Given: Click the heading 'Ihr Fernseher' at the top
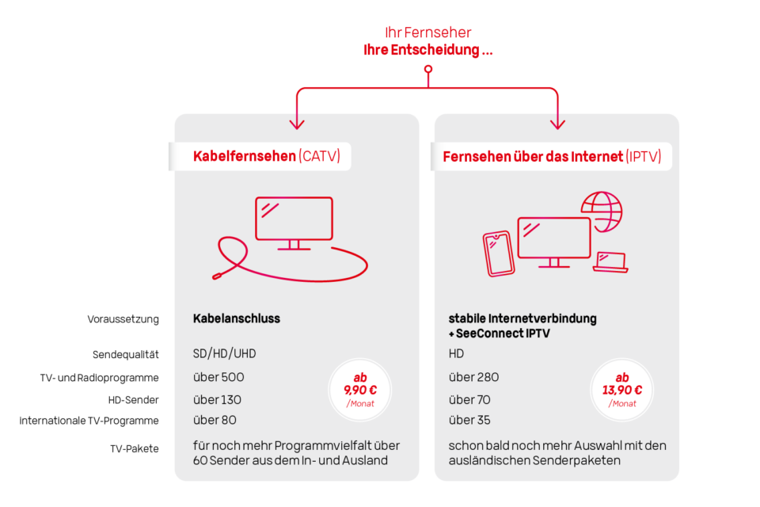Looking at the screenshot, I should pos(428,32).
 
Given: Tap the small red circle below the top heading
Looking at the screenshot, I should pos(428,70).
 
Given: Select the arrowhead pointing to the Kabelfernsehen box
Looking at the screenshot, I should pos(297,123).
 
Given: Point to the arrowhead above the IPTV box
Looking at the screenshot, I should pos(558,123).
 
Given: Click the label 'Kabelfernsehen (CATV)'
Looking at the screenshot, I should pos(266,156).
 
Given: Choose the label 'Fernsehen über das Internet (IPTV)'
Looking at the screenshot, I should pos(552,156).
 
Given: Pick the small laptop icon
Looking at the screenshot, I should pos(610,261).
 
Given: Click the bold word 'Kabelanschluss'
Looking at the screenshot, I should pos(237,318).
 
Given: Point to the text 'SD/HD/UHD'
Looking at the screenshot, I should pos(225,353).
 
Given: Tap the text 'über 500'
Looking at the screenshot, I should pos(218,377).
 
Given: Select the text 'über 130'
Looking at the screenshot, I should pos(218,400).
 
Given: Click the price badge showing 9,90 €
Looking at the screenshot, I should pos(360,390).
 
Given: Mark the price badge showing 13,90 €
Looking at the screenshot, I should pos(622,390).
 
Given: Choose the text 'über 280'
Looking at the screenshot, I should pos(474,377).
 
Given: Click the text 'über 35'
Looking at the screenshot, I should pos(470,420).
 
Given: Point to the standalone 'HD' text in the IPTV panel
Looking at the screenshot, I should pos(456,353).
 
